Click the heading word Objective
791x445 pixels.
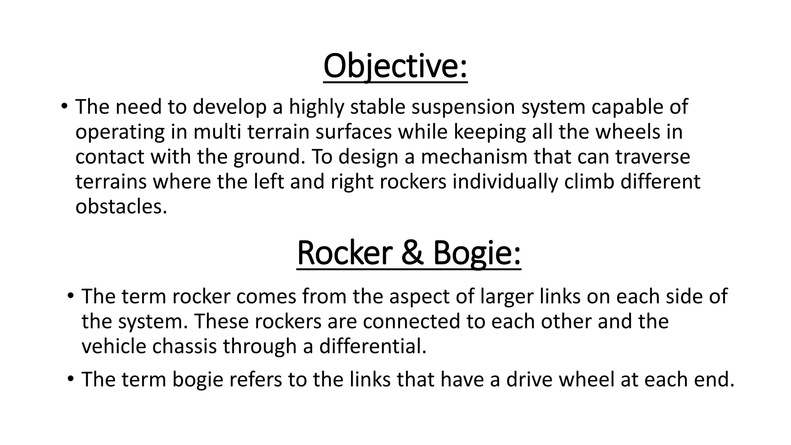(x=395, y=66)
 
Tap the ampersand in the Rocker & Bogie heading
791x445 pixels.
(x=412, y=253)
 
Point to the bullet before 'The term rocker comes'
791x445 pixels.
(x=70, y=296)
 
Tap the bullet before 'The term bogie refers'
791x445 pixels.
(x=70, y=379)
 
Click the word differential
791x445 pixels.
(x=372, y=346)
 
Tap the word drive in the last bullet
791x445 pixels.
(x=530, y=379)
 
